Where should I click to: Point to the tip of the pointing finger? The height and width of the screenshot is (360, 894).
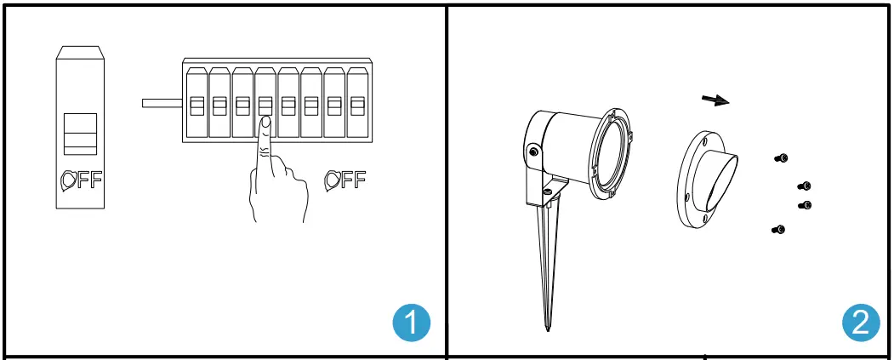pos(265,122)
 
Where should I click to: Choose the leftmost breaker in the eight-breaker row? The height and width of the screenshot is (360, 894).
pos(196,104)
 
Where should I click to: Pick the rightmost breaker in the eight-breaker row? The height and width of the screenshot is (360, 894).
pos(357,104)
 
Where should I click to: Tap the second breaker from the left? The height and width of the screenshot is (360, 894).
pos(219,104)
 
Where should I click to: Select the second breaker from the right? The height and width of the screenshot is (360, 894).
pos(334,104)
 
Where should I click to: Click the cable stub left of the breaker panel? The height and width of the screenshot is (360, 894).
pos(162,103)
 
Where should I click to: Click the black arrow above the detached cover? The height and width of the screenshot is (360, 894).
pos(715,100)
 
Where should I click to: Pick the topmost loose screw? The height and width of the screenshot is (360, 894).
pos(781,157)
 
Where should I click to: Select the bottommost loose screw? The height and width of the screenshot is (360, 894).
pos(777,229)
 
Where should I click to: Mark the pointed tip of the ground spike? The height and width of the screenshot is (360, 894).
pos(546,329)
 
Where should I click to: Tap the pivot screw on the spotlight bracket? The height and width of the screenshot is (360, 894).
pos(533,152)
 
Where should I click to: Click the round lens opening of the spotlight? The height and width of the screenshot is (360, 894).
pos(612,153)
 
